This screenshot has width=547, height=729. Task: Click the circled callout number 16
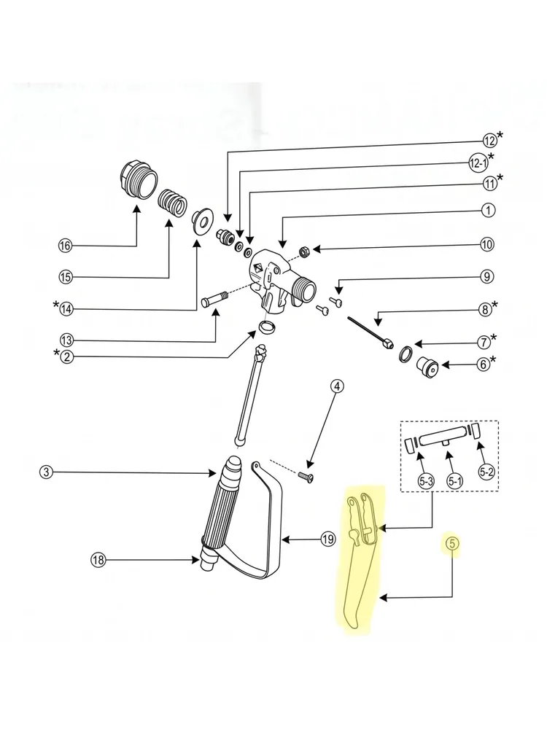tap(66, 246)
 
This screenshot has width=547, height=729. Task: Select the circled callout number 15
tap(66, 277)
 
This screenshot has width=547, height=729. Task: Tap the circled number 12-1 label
tap(478, 163)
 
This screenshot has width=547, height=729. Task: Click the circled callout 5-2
tap(486, 472)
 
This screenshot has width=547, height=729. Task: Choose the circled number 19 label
tap(328, 539)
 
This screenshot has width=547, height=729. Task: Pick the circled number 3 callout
tap(46, 472)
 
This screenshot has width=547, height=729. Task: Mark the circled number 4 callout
tap(337, 386)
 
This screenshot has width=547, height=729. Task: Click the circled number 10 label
tap(487, 244)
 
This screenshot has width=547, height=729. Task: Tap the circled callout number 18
tap(98, 560)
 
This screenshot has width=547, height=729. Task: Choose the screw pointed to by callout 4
tap(306, 477)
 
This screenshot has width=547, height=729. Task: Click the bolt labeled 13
tap(214, 299)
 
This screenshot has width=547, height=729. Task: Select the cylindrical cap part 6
tap(427, 367)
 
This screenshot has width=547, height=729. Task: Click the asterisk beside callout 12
tap(500, 136)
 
